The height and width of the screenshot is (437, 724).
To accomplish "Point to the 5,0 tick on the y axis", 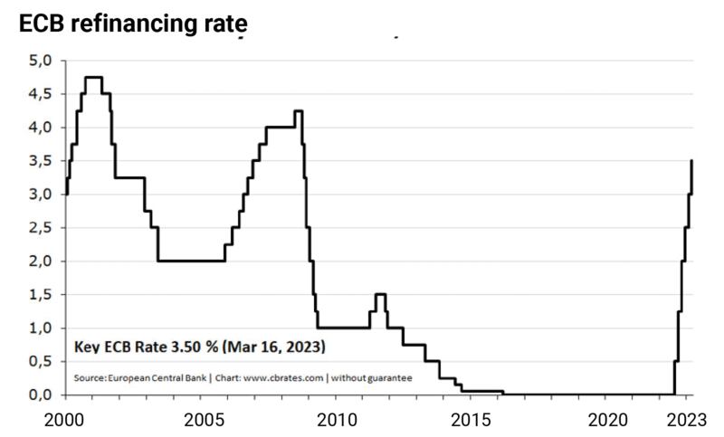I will point(43,61).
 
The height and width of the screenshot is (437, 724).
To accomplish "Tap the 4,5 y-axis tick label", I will point(43,94).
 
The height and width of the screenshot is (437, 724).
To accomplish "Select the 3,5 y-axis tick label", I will point(43,161).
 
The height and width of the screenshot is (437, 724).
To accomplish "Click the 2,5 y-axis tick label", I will point(43,228).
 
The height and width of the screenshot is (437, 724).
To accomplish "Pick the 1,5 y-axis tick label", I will point(43,295).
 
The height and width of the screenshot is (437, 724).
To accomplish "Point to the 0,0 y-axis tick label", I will point(43,395).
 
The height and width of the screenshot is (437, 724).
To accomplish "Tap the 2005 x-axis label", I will point(202,421).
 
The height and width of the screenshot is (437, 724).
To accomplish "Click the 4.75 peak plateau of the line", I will point(93,78).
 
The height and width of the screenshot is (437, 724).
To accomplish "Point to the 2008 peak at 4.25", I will point(298,111).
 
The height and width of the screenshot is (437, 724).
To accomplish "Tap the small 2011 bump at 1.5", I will point(380,294).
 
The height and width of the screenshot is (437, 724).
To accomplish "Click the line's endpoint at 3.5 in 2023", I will point(692,161).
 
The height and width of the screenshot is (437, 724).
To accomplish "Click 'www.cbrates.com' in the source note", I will point(281,377).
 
